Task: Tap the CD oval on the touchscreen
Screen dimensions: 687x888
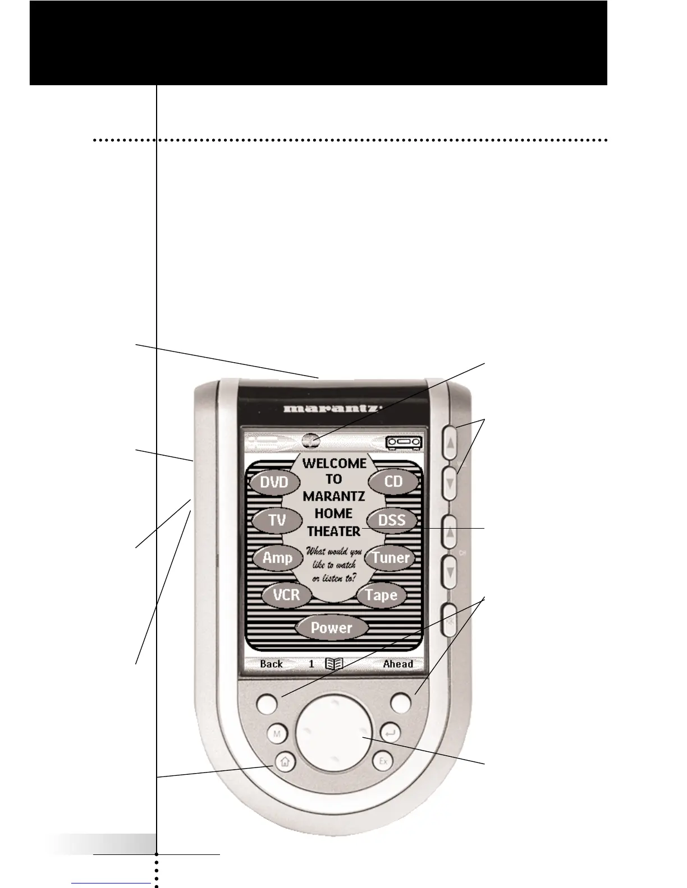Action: tap(393, 482)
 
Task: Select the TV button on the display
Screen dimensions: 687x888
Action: tap(277, 520)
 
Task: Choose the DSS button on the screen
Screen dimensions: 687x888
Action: tap(392, 520)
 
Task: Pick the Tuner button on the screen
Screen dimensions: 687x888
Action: tap(391, 558)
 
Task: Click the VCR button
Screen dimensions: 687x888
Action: tap(287, 595)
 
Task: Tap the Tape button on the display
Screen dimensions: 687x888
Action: tap(382, 595)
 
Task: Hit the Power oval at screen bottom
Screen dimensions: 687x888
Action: tap(331, 628)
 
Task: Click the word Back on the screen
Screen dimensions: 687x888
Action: tap(271, 664)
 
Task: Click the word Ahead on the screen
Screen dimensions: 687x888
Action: tap(397, 664)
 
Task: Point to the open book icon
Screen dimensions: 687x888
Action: tap(334, 664)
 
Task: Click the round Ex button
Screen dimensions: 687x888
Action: tap(383, 762)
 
